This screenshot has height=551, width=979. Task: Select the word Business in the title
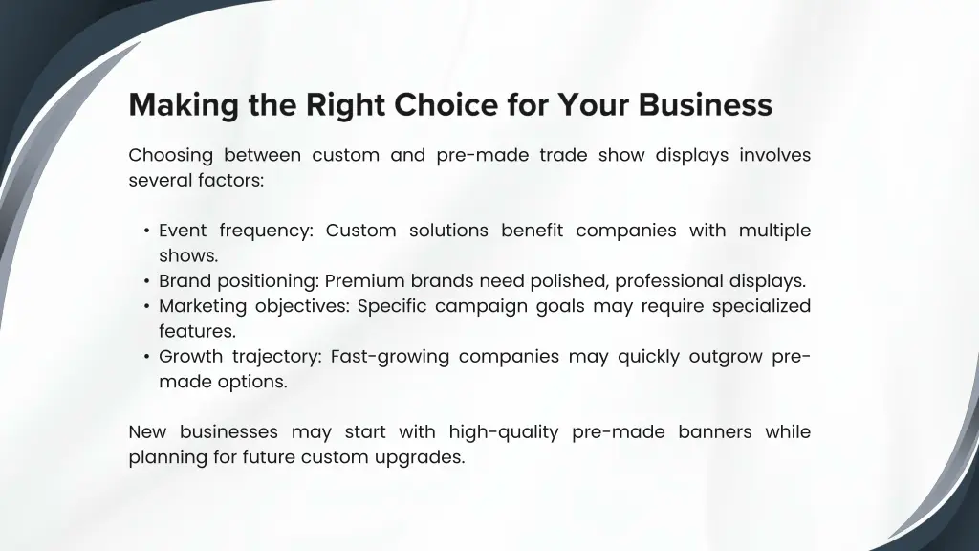tap(707, 104)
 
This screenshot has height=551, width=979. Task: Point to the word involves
tap(774, 155)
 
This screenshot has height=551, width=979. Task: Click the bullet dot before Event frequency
tap(146, 231)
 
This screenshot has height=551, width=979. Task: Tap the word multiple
tap(773, 231)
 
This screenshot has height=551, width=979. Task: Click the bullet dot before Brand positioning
tap(146, 282)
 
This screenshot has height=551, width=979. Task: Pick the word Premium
tap(365, 281)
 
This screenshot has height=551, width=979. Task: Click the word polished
tap(561, 281)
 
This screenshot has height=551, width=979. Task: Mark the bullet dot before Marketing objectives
tap(146, 307)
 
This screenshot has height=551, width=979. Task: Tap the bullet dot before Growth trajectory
tap(146, 358)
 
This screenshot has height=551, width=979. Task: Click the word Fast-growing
tap(389, 357)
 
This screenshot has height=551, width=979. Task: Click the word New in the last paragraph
tap(147, 432)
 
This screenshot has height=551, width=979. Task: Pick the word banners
tap(715, 432)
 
